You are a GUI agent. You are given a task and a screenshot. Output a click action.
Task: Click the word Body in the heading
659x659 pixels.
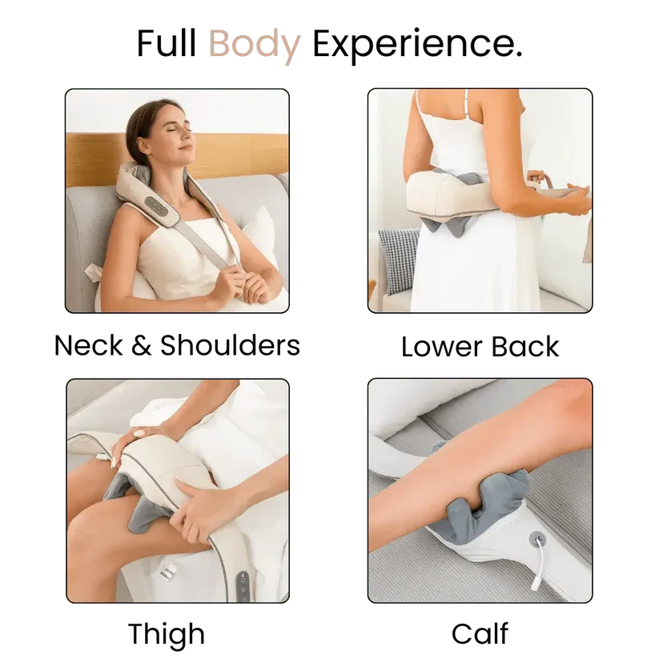click(255, 45)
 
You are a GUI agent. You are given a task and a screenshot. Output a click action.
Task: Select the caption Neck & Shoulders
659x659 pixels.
click(177, 345)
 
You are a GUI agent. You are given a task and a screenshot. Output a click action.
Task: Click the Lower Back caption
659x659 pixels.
click(480, 347)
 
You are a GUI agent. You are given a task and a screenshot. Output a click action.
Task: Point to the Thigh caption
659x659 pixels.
click(167, 635)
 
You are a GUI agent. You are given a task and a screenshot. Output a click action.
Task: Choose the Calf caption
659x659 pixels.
click(480, 633)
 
